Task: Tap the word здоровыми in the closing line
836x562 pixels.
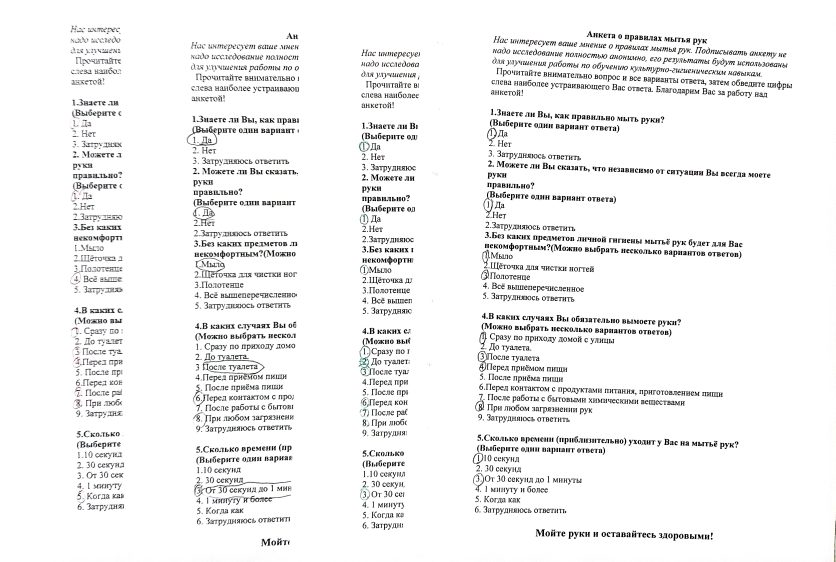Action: tap(676, 535)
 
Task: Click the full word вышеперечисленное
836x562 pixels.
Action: tap(550, 287)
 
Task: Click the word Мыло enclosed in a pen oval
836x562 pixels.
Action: tap(211, 263)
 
